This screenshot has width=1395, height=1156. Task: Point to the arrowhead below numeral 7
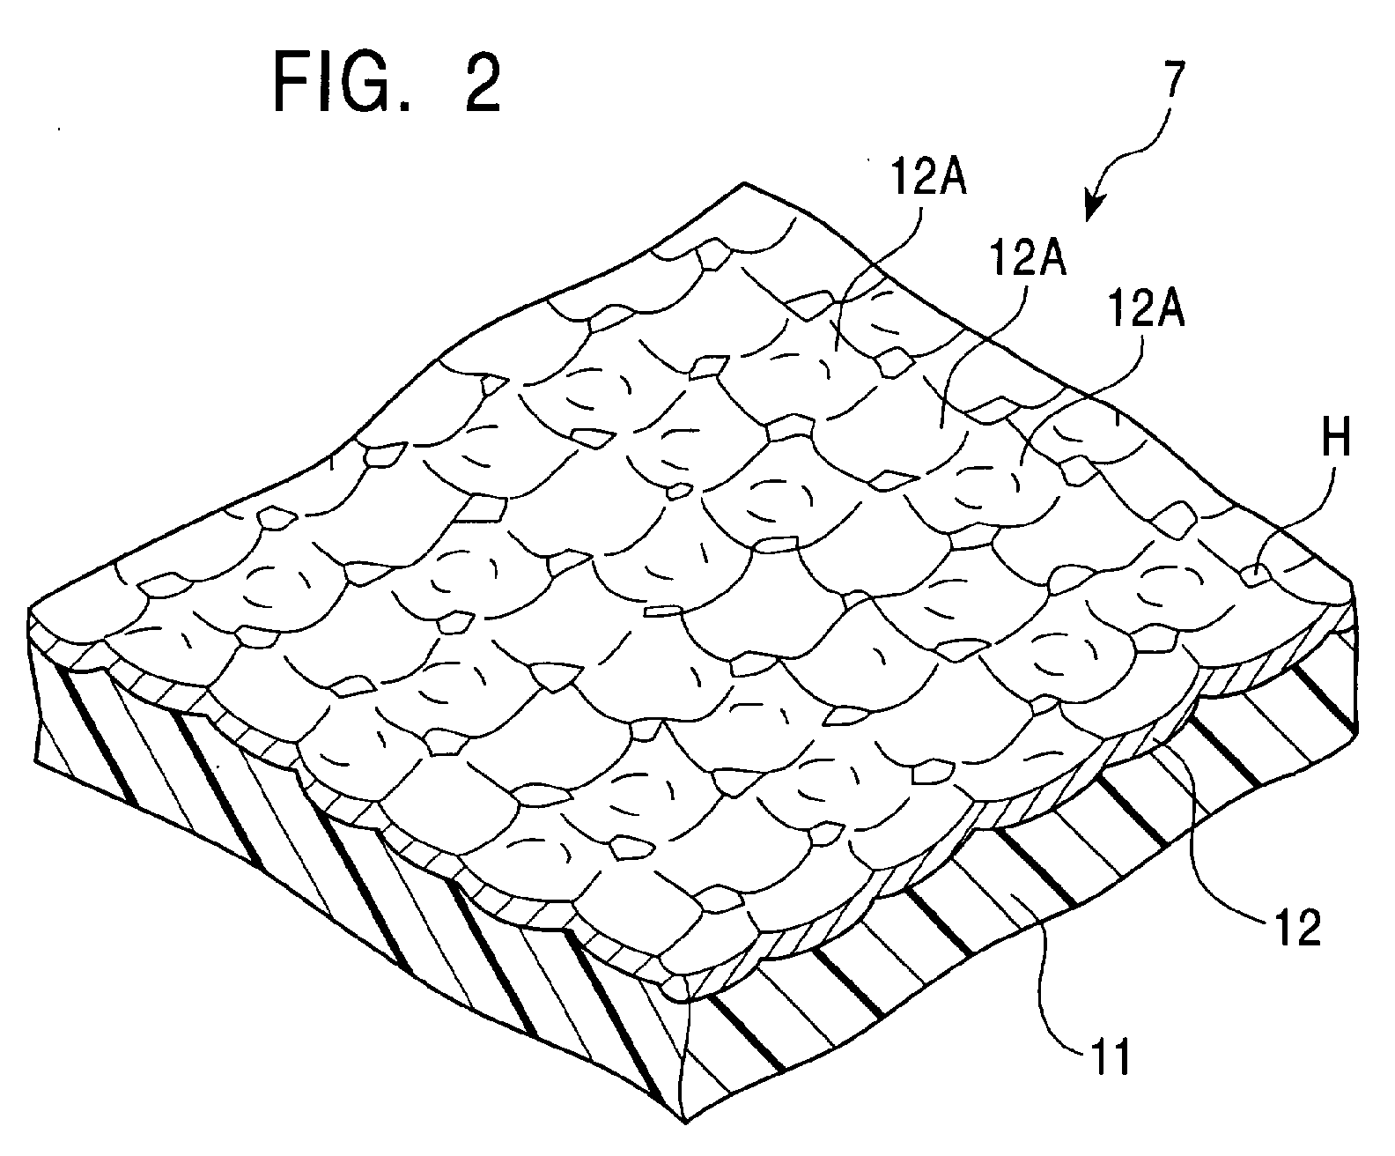click(1092, 208)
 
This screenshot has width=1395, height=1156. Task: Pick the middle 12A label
click(1027, 259)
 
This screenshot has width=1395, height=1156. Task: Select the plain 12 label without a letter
click(1295, 928)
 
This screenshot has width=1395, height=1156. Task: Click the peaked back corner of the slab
click(745, 183)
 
